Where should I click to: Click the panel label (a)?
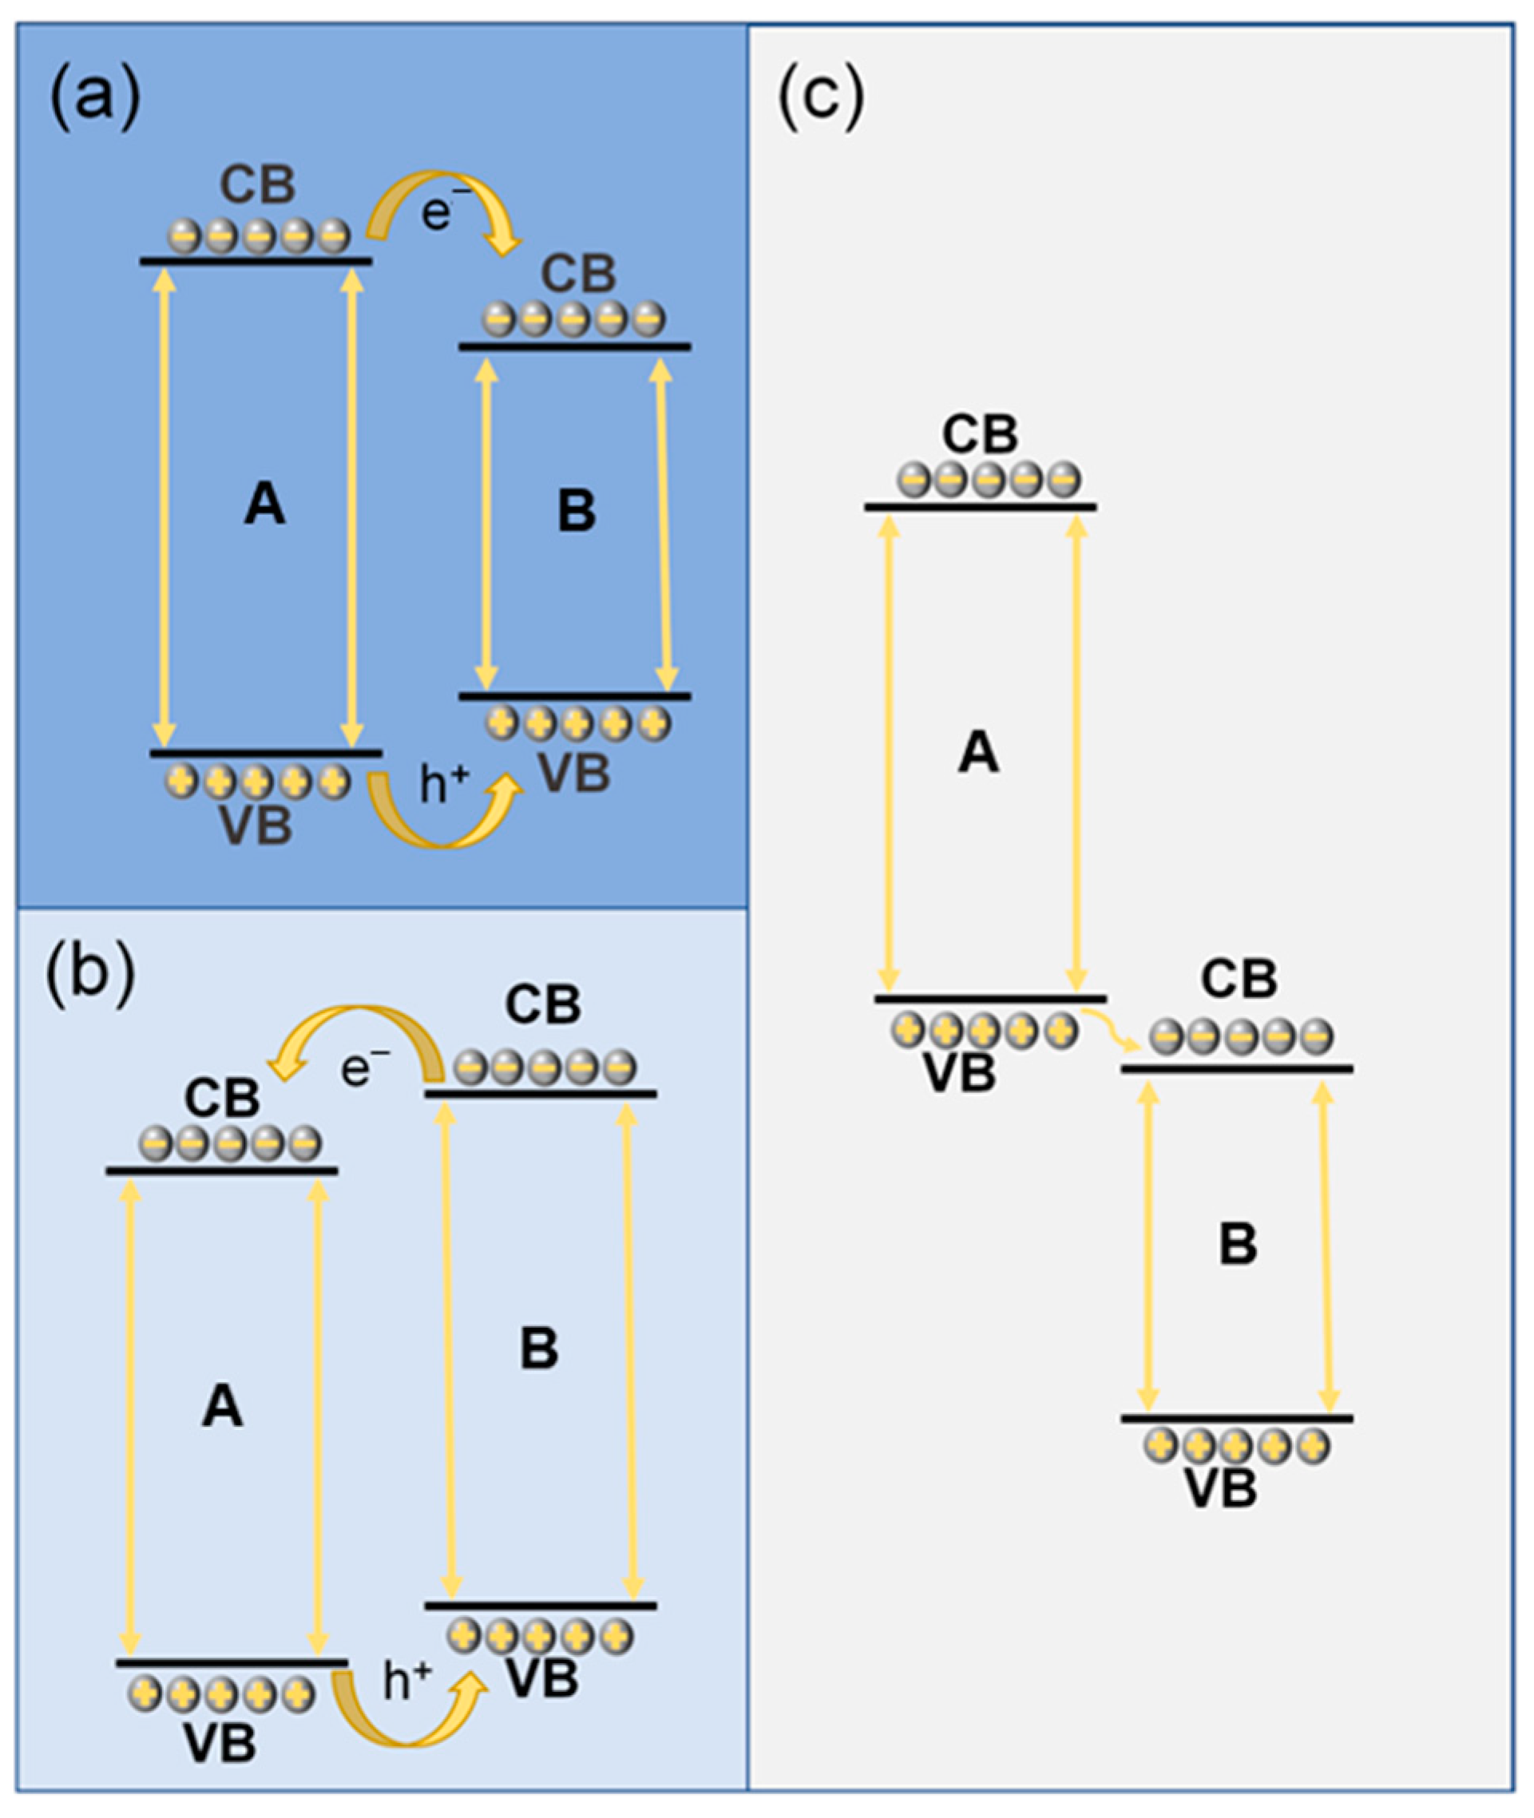[95, 97]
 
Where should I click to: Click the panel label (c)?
[820, 97]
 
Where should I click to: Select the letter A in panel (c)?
[978, 752]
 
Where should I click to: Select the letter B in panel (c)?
[1239, 1244]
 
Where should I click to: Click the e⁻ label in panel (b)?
[363, 1068]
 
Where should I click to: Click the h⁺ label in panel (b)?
[407, 1681]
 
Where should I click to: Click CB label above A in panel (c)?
[980, 434]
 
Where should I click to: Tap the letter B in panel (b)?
[539, 1349]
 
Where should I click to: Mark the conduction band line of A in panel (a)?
[256, 261]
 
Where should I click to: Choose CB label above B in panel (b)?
[544, 1005]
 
